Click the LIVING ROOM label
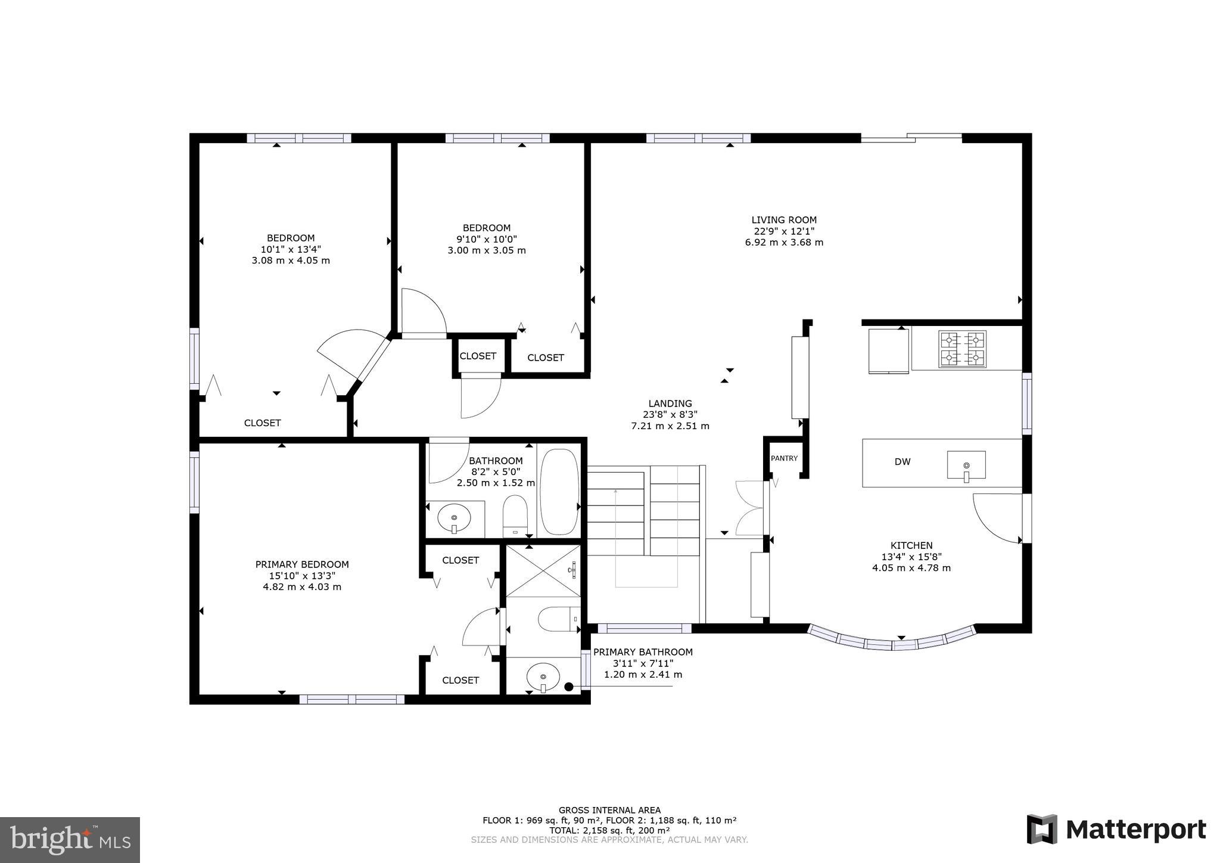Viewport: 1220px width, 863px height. tap(783, 220)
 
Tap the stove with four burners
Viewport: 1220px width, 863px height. tap(962, 349)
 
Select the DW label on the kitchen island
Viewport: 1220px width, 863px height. tap(902, 462)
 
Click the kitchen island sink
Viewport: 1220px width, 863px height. tap(966, 465)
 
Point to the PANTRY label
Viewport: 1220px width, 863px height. tap(784, 458)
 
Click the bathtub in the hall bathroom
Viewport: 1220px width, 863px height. tap(559, 492)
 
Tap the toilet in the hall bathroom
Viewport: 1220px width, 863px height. tap(515, 516)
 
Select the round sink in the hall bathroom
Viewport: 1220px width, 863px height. tap(454, 517)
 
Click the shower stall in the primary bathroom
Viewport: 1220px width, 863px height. tap(542, 570)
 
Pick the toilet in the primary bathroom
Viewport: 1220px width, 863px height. tap(558, 619)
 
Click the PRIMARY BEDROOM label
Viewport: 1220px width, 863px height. tap(302, 564)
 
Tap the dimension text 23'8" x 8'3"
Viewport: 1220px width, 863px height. tap(670, 415)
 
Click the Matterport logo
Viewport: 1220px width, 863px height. tap(1116, 830)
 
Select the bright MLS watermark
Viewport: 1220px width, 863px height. tap(70, 840)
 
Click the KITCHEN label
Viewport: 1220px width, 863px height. tap(911, 545)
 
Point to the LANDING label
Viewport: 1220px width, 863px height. tap(670, 403)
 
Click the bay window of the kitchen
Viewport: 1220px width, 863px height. tap(892, 642)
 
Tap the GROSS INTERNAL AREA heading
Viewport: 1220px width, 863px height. tap(609, 810)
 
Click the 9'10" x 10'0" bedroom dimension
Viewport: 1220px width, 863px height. tap(486, 239)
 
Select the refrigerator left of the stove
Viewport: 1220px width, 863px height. tap(888, 350)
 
